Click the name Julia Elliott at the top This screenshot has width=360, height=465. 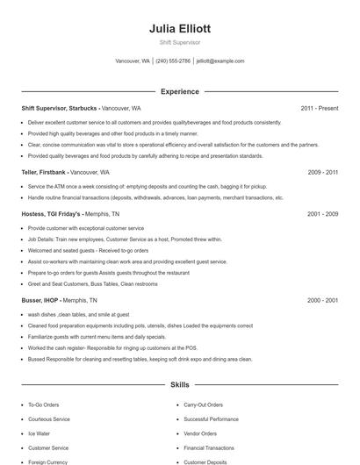click(x=180, y=29)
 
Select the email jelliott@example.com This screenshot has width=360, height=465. click(x=220, y=61)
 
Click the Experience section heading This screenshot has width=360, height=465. click(x=180, y=91)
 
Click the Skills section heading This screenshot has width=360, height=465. click(x=180, y=384)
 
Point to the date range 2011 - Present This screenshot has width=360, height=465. click(x=319, y=109)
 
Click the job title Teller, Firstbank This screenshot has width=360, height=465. click(x=43, y=173)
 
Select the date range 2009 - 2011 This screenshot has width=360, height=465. click(x=323, y=173)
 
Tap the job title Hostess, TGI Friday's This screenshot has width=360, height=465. click(x=51, y=213)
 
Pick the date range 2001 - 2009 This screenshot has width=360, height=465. click(x=323, y=213)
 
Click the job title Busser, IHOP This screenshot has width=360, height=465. click(x=41, y=300)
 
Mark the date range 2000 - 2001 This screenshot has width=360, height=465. click(x=323, y=300)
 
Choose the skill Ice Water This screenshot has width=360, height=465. click(x=38, y=433)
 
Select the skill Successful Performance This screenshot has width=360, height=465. click(x=211, y=419)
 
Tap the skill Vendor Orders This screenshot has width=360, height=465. click(x=200, y=433)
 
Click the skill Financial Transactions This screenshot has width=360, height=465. click(x=209, y=447)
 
